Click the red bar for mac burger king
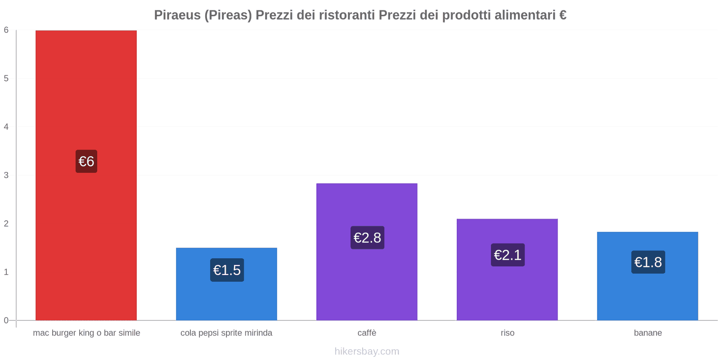pos(86,175)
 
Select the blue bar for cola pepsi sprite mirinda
pos(226,284)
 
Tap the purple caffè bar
pos(367,252)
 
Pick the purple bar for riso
pos(507,270)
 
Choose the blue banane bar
pos(648,276)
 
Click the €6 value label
pos(86,162)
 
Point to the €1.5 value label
pos(227,270)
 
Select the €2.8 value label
pos(367,238)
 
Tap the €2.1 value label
pos(508,255)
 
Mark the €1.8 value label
pos(648,262)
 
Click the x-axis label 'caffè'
pos(367,333)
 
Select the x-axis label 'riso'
pos(508,333)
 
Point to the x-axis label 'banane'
pos(648,333)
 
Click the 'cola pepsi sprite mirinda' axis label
pos(226,333)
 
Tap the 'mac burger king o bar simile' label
pos(86,333)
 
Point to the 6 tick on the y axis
pos(6,30)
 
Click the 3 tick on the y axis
pos(6,175)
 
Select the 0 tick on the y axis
pos(6,320)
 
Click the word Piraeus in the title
pos(177,15)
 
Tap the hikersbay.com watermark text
pos(367,351)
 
